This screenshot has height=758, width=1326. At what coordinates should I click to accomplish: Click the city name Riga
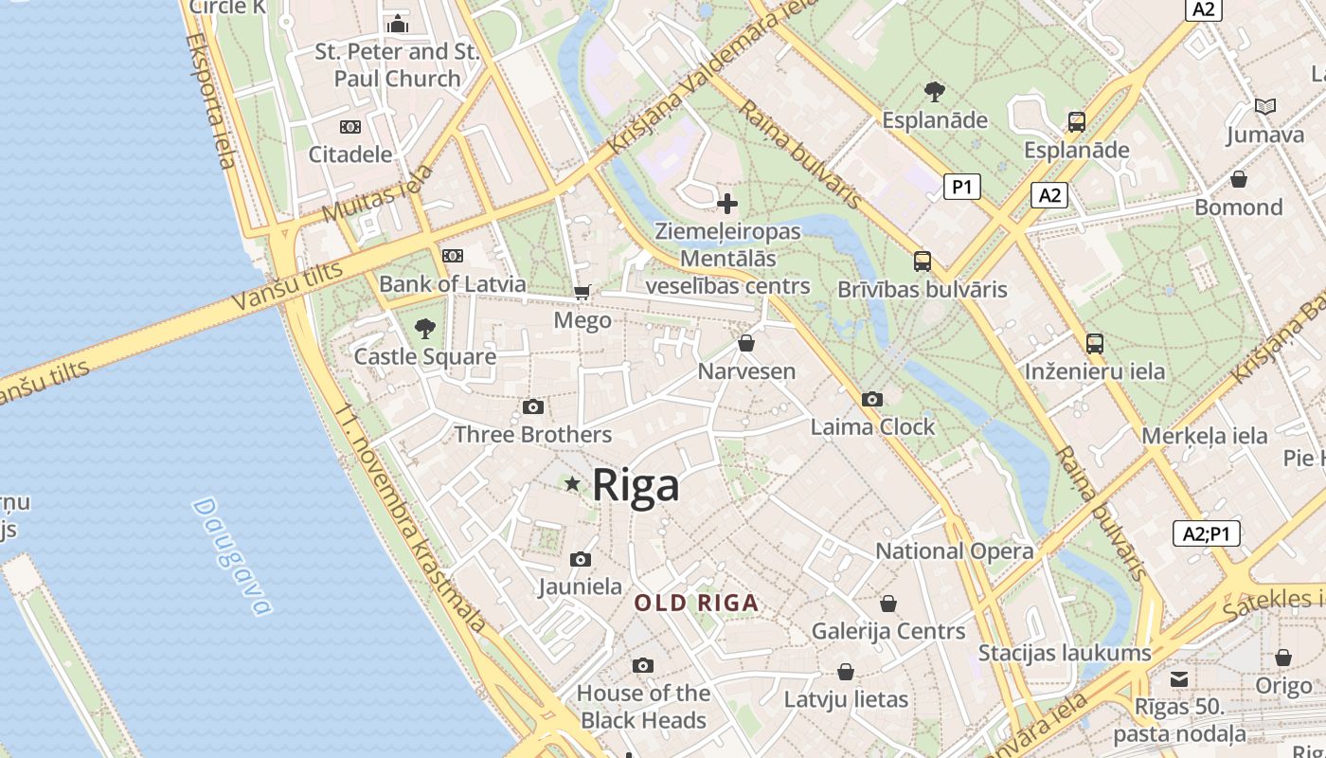pyautogui.click(x=636, y=485)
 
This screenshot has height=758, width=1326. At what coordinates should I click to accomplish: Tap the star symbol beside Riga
pyautogui.click(x=572, y=484)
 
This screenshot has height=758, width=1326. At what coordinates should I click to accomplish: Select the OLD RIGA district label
pyautogui.click(x=696, y=603)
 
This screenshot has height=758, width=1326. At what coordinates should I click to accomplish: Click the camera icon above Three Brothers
pyautogui.click(x=533, y=406)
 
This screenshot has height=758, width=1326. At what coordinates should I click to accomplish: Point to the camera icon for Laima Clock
pyautogui.click(x=872, y=399)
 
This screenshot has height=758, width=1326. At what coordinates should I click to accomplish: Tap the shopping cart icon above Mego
pyautogui.click(x=582, y=293)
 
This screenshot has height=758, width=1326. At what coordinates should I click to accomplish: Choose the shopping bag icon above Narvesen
pyautogui.click(x=746, y=343)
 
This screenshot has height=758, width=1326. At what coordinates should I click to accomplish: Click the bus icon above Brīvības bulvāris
pyautogui.click(x=922, y=262)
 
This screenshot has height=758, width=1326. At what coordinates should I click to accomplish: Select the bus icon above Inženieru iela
pyautogui.click(x=1095, y=343)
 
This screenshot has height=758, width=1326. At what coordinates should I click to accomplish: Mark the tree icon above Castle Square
pyautogui.click(x=425, y=329)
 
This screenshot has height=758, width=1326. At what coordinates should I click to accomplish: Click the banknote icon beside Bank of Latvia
pyautogui.click(x=453, y=255)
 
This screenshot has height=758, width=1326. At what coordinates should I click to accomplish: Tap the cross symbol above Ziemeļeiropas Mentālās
pyautogui.click(x=727, y=204)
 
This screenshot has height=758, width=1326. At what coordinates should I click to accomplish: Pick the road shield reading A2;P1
pyautogui.click(x=1206, y=533)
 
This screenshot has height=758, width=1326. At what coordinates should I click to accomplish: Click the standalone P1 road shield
pyautogui.click(x=961, y=187)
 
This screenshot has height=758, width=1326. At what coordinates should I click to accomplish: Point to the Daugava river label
pyautogui.click(x=231, y=555)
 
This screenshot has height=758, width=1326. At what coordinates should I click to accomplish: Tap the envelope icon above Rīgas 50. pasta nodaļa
pyautogui.click(x=1178, y=678)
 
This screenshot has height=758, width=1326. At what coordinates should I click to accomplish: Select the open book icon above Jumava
pyautogui.click(x=1264, y=107)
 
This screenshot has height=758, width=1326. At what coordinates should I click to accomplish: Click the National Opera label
pyautogui.click(x=954, y=550)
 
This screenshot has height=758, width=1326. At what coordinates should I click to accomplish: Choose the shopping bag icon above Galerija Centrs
pyautogui.click(x=888, y=604)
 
